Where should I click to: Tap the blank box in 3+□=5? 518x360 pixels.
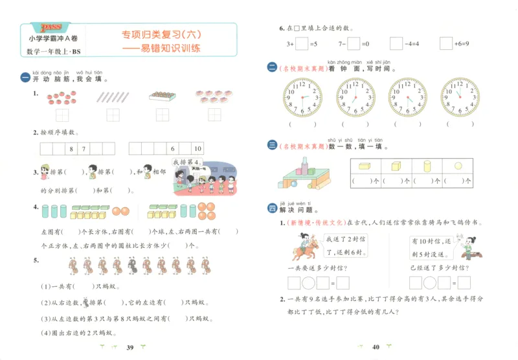tap(302, 43)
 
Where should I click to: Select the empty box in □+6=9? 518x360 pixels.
tap(445, 43)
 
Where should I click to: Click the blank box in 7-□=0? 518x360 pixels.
tap(354, 43)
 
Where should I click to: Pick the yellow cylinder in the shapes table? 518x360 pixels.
tap(427, 166)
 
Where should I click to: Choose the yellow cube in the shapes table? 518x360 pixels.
tap(396, 166)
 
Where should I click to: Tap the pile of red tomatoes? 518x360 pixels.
tap(62, 97)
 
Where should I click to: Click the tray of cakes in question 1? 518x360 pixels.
tap(162, 96)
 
